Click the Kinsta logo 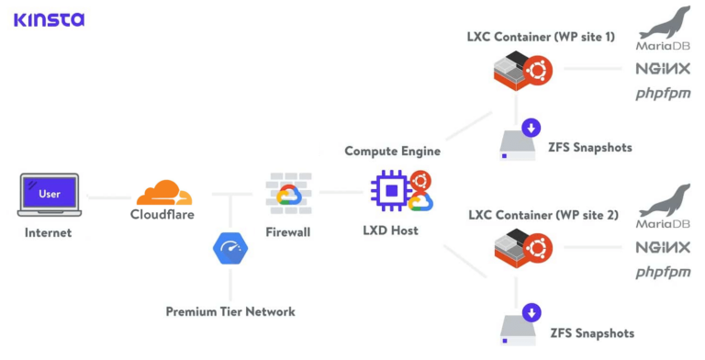coord(49,18)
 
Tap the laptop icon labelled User coord(50,196)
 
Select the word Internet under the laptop coord(49,232)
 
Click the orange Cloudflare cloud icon coord(163,193)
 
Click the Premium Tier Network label coord(230,311)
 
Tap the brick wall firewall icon coord(288,192)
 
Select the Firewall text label coord(287,232)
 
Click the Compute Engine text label coord(392,151)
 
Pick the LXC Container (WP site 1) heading coord(541,38)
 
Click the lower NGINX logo coord(662,248)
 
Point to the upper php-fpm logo coord(662,93)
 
